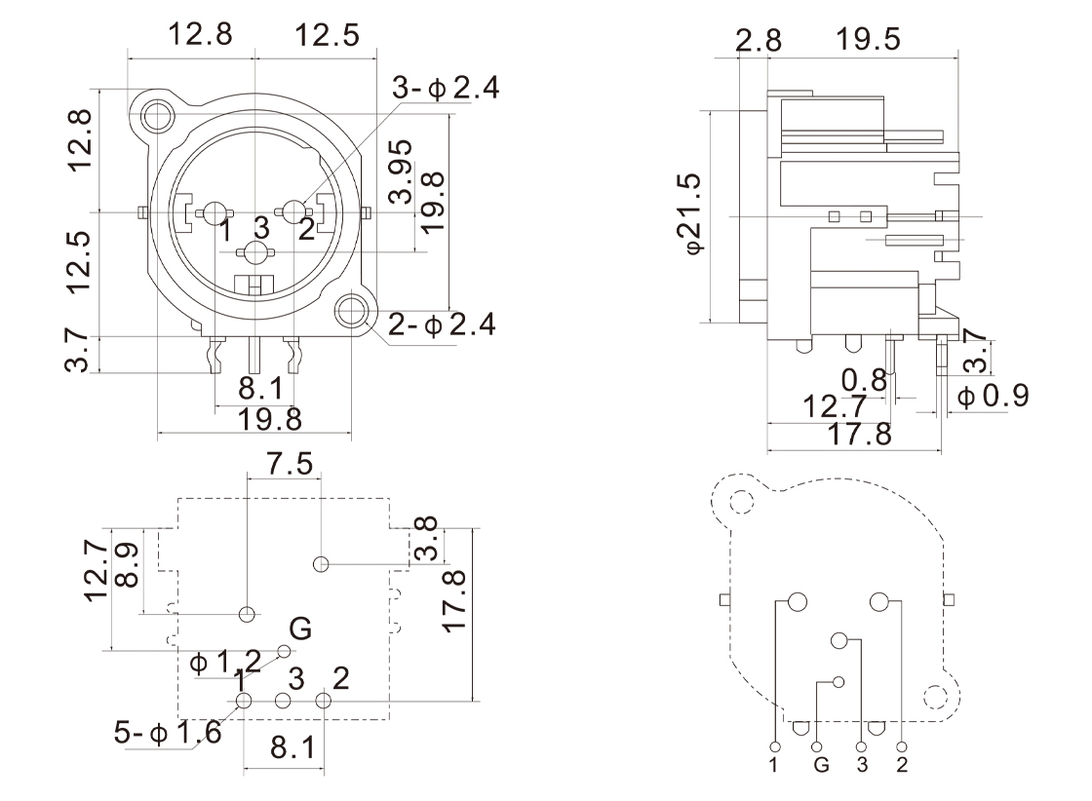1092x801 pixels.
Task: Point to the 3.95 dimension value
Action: coord(401,174)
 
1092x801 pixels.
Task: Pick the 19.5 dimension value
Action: coord(868,40)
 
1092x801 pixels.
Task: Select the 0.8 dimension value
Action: coord(865,379)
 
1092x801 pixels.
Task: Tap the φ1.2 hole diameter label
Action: coord(225,664)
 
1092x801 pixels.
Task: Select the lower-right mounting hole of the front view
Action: coord(352,312)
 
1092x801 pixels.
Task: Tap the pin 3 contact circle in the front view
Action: coord(257,253)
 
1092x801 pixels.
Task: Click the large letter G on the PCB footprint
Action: coord(301,629)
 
